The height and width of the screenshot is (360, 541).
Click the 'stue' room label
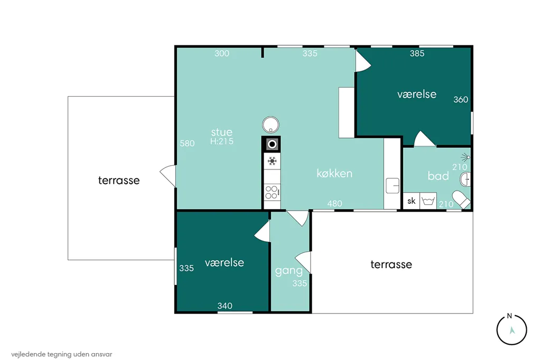221,132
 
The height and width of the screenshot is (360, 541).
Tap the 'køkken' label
334,173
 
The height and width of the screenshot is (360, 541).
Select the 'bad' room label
438,176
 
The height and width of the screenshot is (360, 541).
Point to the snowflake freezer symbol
272,160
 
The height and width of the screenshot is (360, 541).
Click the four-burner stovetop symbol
272,192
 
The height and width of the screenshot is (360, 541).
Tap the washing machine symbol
428,201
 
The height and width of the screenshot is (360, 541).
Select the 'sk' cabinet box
411,201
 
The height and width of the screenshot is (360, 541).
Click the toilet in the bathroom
461,200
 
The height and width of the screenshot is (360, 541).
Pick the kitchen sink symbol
393,185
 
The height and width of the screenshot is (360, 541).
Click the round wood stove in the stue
270,125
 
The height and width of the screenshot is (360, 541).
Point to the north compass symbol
511,330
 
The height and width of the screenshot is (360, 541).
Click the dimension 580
187,143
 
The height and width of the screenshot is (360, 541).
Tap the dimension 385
417,53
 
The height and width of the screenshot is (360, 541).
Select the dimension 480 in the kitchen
334,203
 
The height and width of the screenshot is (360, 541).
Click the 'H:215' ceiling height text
221,141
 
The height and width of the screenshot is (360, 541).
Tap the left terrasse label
119,180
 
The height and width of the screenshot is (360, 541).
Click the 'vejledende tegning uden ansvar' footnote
62,354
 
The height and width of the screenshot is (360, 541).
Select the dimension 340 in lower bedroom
225,306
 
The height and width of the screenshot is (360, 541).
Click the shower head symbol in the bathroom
466,157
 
